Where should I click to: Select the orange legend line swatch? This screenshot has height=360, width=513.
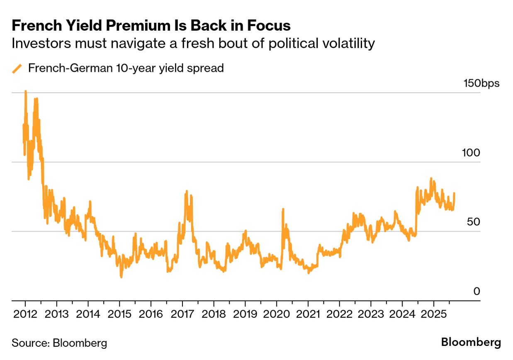coord(17,68)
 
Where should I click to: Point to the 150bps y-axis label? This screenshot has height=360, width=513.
coord(481,83)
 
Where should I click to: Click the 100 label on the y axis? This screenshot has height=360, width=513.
coord(471,153)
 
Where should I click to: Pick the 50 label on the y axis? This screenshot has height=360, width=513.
coord(473,222)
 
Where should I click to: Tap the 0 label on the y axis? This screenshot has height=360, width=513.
coord(477,291)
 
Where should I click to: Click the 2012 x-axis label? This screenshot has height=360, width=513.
coord(25,314)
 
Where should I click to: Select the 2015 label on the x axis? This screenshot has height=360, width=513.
coord(119,314)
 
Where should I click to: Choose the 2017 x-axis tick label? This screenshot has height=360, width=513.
coord(182,314)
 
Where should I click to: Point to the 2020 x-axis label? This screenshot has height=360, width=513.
coord(276,314)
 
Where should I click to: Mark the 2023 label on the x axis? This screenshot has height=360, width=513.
coord(371,314)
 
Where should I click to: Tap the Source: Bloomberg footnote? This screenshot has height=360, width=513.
coord(59,343)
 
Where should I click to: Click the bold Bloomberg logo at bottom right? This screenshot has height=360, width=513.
coord(471,343)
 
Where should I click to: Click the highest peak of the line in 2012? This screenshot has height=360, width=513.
coord(26,91)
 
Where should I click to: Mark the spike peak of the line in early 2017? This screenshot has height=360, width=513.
coord(187,191)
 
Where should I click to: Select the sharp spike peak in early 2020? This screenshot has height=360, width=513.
coord(283,209)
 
